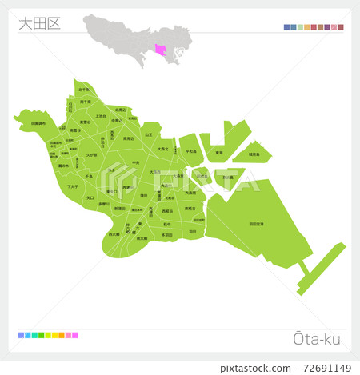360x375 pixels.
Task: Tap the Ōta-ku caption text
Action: click(x=318, y=339)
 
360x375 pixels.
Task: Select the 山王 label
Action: click(x=149, y=134)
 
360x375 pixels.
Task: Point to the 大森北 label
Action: click(x=162, y=149)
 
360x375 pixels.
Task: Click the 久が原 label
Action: click(x=92, y=154)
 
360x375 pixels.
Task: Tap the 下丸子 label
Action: click(x=72, y=186)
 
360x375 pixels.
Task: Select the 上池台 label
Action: click(x=101, y=117)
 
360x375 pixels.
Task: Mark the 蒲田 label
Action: click(x=144, y=195)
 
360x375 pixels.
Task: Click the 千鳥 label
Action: click(x=90, y=175)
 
